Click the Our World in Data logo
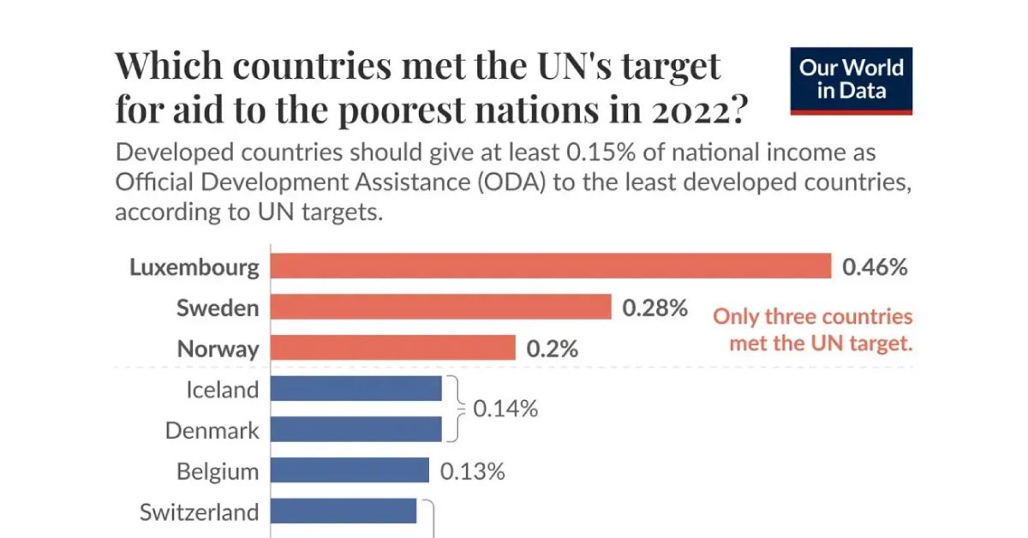click(851, 81)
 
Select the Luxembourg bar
click(551, 266)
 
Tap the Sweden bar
click(440, 307)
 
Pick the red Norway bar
click(392, 348)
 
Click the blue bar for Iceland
click(356, 389)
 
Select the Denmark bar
click(356, 429)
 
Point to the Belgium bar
click(350, 470)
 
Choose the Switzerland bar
click(343, 511)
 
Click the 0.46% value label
click(875, 266)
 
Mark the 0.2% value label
click(553, 349)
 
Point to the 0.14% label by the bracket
click(505, 409)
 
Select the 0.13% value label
click(473, 471)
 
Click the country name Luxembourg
click(194, 267)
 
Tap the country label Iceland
click(222, 390)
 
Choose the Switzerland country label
click(199, 512)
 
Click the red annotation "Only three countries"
click(813, 317)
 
